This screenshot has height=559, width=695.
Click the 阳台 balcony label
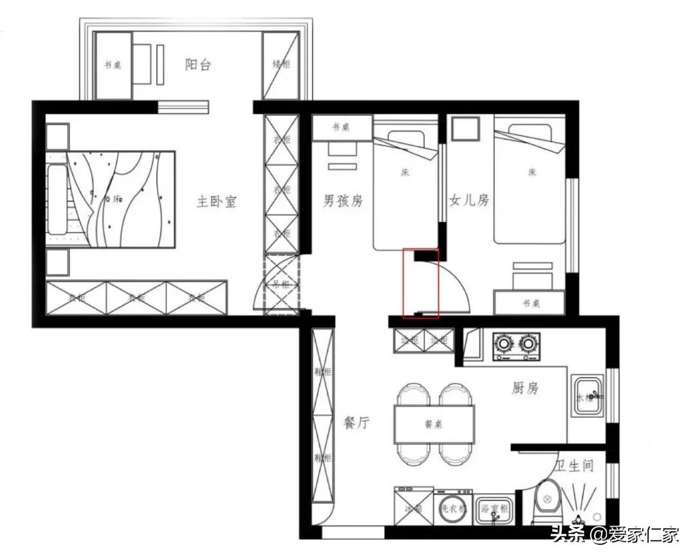click(198, 64)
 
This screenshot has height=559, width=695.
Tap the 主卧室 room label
click(216, 201)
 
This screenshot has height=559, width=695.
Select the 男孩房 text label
click(342, 201)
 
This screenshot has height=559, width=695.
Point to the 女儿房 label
click(469, 201)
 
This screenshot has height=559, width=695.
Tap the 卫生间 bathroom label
click(574, 466)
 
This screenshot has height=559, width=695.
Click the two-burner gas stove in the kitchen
click(515, 345)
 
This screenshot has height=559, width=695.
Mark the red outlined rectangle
click(420, 284)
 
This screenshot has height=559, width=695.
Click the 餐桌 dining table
click(434, 424)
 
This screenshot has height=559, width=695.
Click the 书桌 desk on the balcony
click(113, 65)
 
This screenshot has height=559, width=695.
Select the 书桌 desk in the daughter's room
click(529, 303)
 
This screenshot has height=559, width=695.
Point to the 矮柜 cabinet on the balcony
click(281, 65)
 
